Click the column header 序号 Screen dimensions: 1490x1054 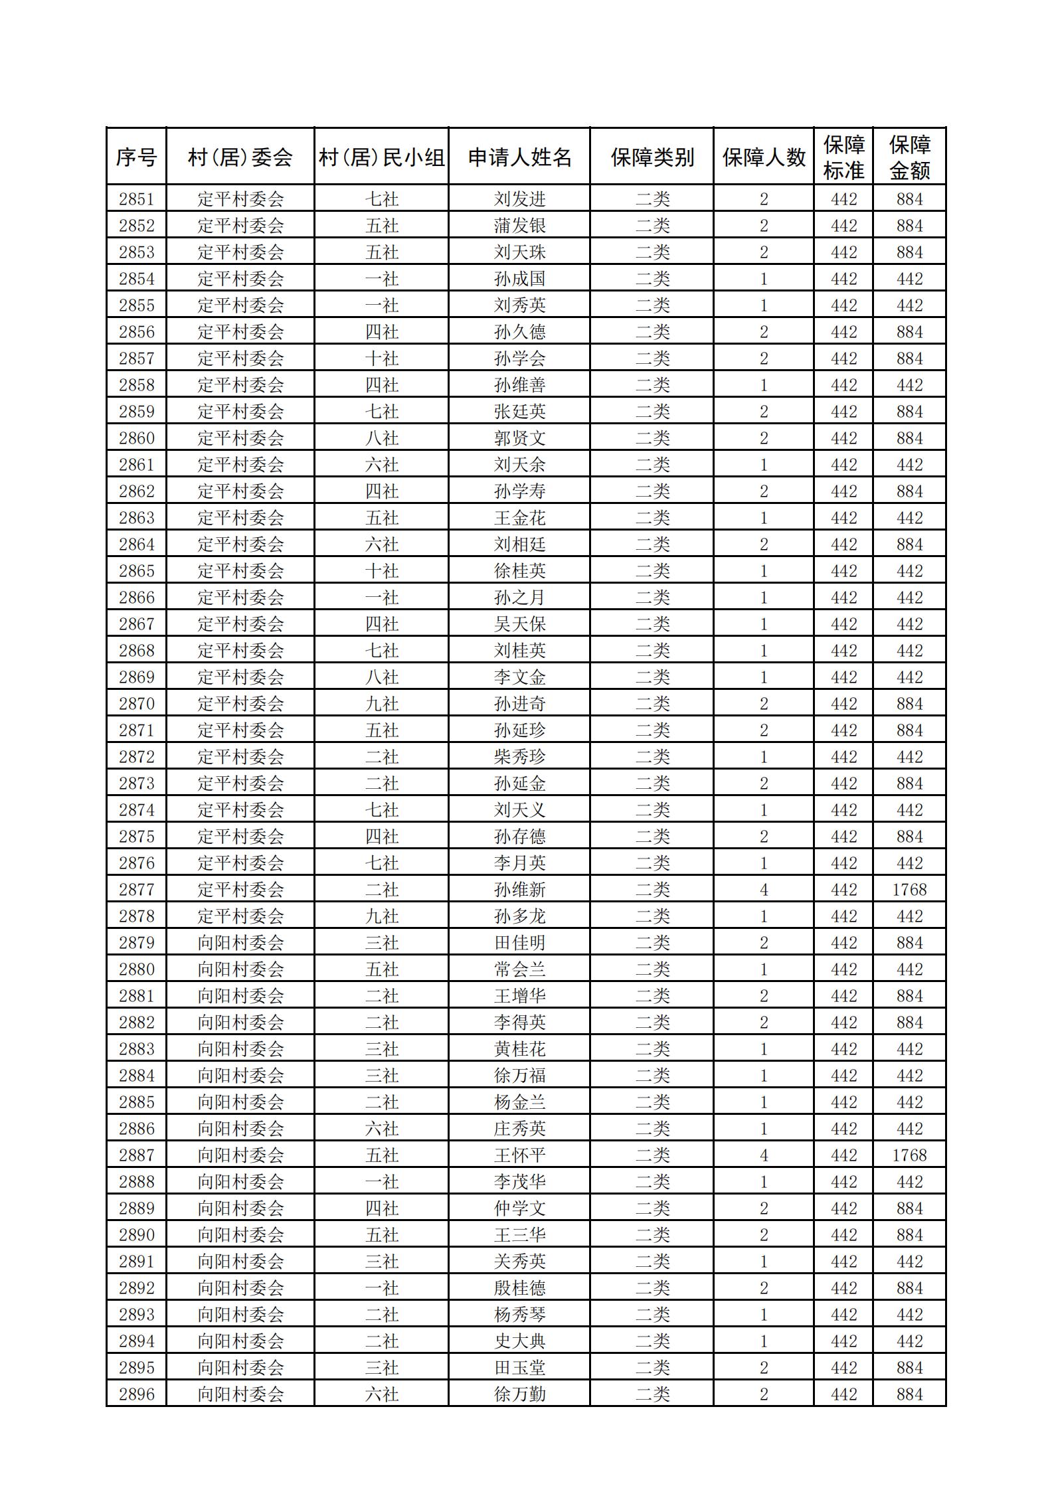(x=136, y=157)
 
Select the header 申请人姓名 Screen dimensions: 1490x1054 (x=519, y=157)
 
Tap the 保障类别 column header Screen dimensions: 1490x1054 (x=652, y=157)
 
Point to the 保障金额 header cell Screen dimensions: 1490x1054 (x=909, y=157)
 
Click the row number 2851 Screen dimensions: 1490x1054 (x=136, y=199)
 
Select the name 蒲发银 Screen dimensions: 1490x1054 (x=519, y=225)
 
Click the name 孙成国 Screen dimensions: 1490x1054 (x=519, y=278)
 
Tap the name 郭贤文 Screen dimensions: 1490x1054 (x=519, y=438)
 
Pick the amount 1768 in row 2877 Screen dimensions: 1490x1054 (x=909, y=889)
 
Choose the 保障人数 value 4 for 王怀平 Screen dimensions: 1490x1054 (x=763, y=1155)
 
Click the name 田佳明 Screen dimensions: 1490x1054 (x=519, y=942)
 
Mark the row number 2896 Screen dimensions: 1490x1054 (x=136, y=1394)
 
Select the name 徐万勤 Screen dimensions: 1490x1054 (x=519, y=1394)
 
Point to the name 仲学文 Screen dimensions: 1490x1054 (x=519, y=1208)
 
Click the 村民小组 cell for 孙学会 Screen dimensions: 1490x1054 (x=381, y=358)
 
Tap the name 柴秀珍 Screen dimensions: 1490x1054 (x=519, y=756)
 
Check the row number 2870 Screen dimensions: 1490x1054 (x=136, y=703)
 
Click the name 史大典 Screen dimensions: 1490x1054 (x=519, y=1341)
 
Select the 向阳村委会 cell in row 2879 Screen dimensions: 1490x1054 (x=240, y=942)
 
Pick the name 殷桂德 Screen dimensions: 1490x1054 (x=519, y=1287)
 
